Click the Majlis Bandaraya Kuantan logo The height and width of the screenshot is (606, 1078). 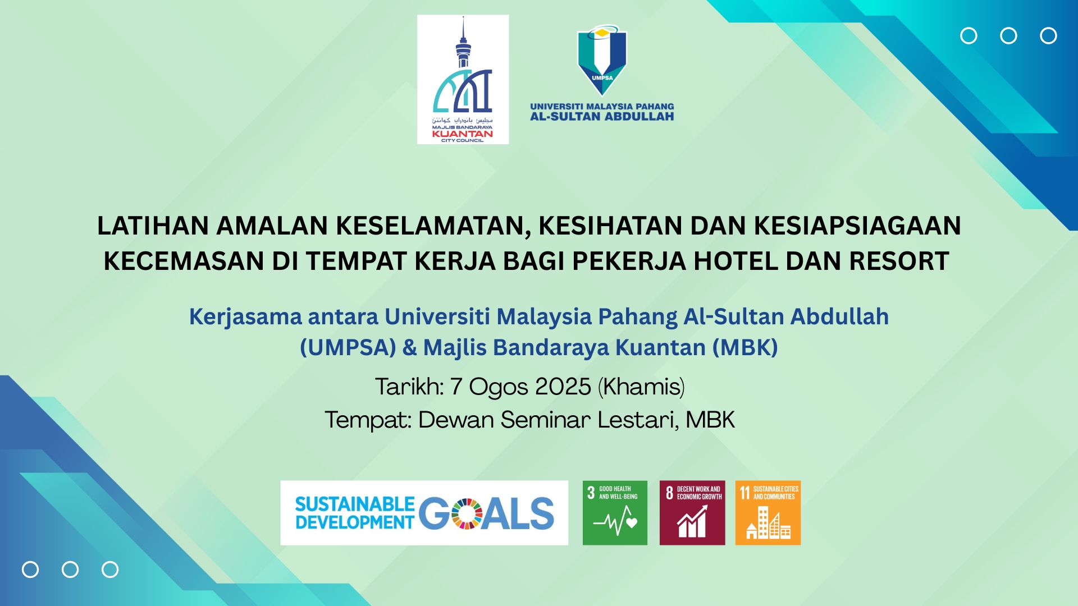point(463,79)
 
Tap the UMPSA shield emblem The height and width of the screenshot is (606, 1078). point(602,60)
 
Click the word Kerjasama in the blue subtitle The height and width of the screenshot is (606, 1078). point(245,318)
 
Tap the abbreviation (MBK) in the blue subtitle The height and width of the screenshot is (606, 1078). point(745,347)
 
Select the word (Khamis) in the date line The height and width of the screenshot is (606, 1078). point(641,387)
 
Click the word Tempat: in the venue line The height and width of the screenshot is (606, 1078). point(368,420)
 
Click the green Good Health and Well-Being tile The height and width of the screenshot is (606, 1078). point(615,512)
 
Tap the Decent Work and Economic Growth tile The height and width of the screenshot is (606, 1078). point(692,512)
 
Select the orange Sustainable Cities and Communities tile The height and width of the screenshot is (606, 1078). point(768,512)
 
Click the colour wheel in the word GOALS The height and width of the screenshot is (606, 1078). point(467,513)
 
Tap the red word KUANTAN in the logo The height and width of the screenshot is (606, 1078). point(462,134)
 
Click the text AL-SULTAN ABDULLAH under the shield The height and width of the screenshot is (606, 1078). point(602,117)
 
